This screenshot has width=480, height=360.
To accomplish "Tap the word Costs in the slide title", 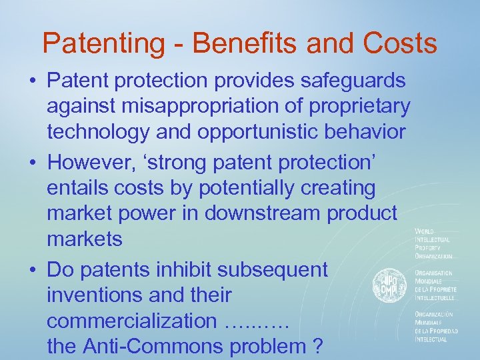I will click(400, 43).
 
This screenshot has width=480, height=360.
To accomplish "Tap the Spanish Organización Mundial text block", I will click(435, 326).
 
